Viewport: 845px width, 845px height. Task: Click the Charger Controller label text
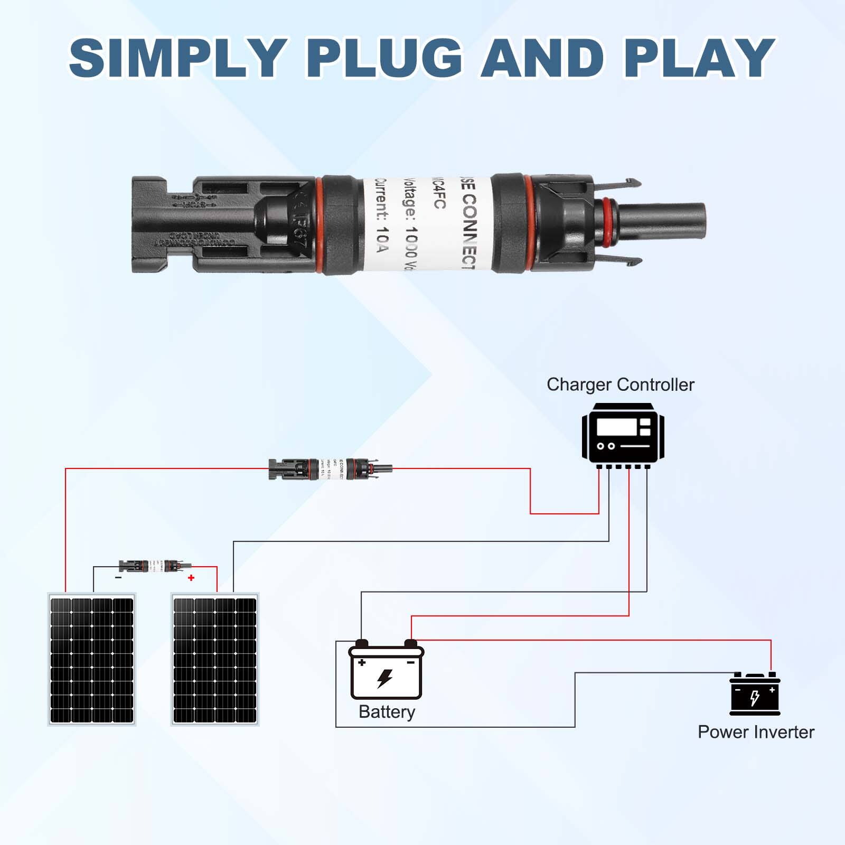pos(620,384)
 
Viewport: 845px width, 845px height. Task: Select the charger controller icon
pos(623,435)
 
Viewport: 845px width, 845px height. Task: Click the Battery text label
pos(387,712)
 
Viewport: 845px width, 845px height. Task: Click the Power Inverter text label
pos(756,732)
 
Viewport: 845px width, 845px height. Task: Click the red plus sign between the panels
pos(191,578)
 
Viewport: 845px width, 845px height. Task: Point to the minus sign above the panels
pos(118,578)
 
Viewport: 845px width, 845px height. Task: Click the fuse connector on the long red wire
pos(330,468)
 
